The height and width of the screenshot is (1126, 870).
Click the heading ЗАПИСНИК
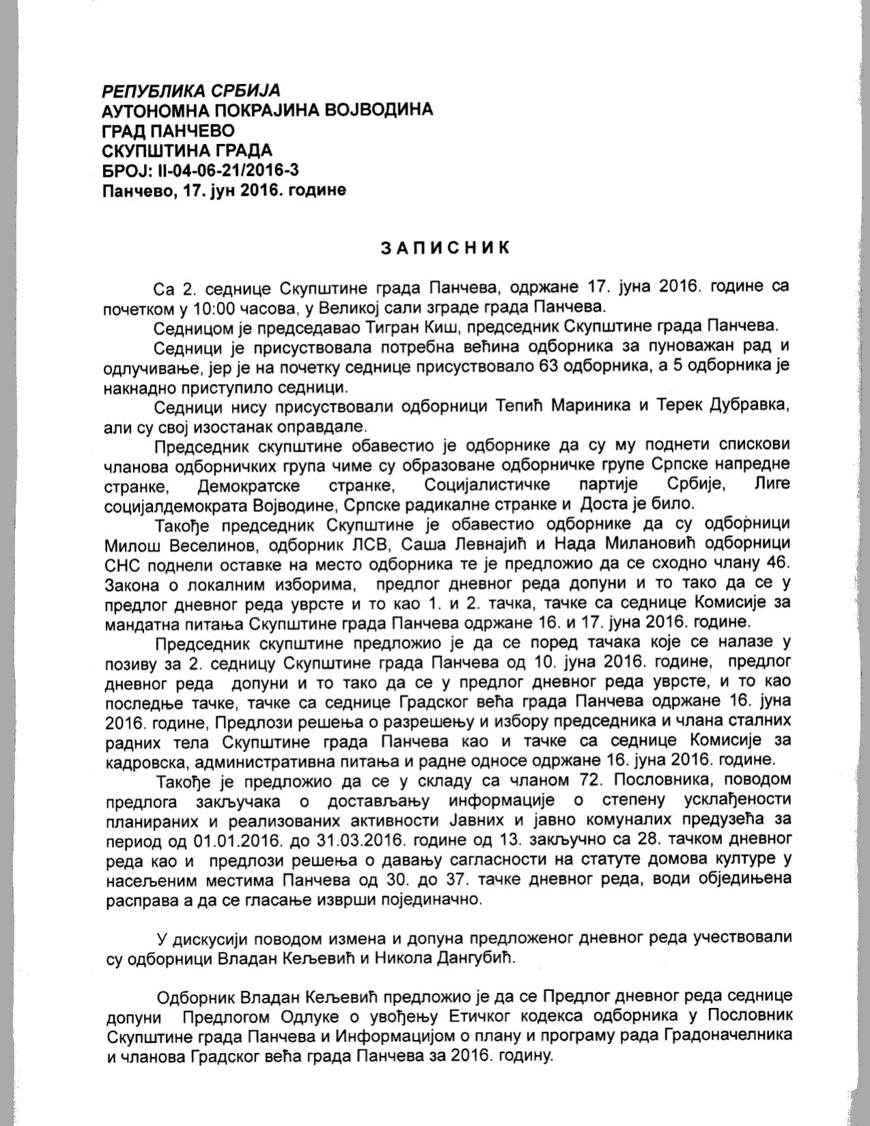444,247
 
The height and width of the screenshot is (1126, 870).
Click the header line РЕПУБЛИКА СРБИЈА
191,91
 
